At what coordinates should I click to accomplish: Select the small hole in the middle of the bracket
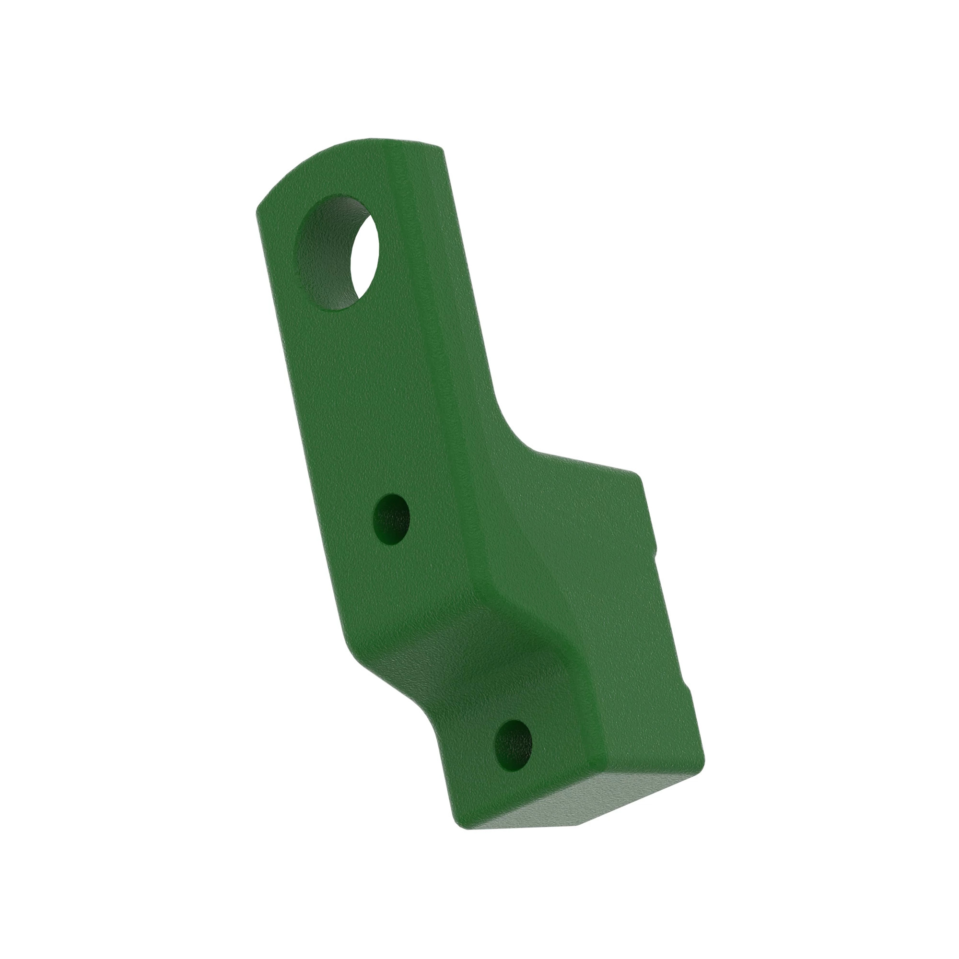[x=391, y=519]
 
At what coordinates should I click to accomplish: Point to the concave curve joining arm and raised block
[x=516, y=437]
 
